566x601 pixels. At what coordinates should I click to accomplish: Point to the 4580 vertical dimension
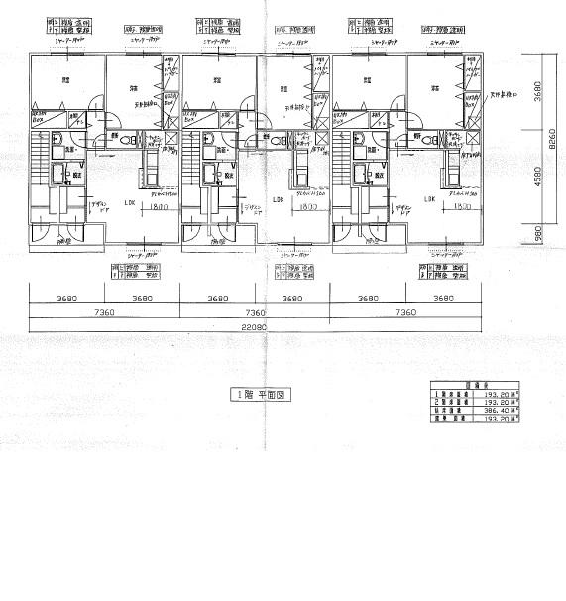tap(536, 179)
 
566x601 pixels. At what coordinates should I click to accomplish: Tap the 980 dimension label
tap(536, 234)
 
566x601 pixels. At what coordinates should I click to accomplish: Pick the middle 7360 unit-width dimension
tap(255, 311)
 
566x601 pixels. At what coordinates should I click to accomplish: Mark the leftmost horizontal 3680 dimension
tap(66, 297)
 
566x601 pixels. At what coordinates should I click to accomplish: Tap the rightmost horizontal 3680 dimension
tap(443, 297)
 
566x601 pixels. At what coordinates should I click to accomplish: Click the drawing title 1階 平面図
tap(258, 394)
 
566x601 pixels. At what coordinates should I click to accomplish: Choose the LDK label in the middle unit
tap(280, 199)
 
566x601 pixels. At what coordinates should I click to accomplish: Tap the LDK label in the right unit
tap(429, 199)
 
